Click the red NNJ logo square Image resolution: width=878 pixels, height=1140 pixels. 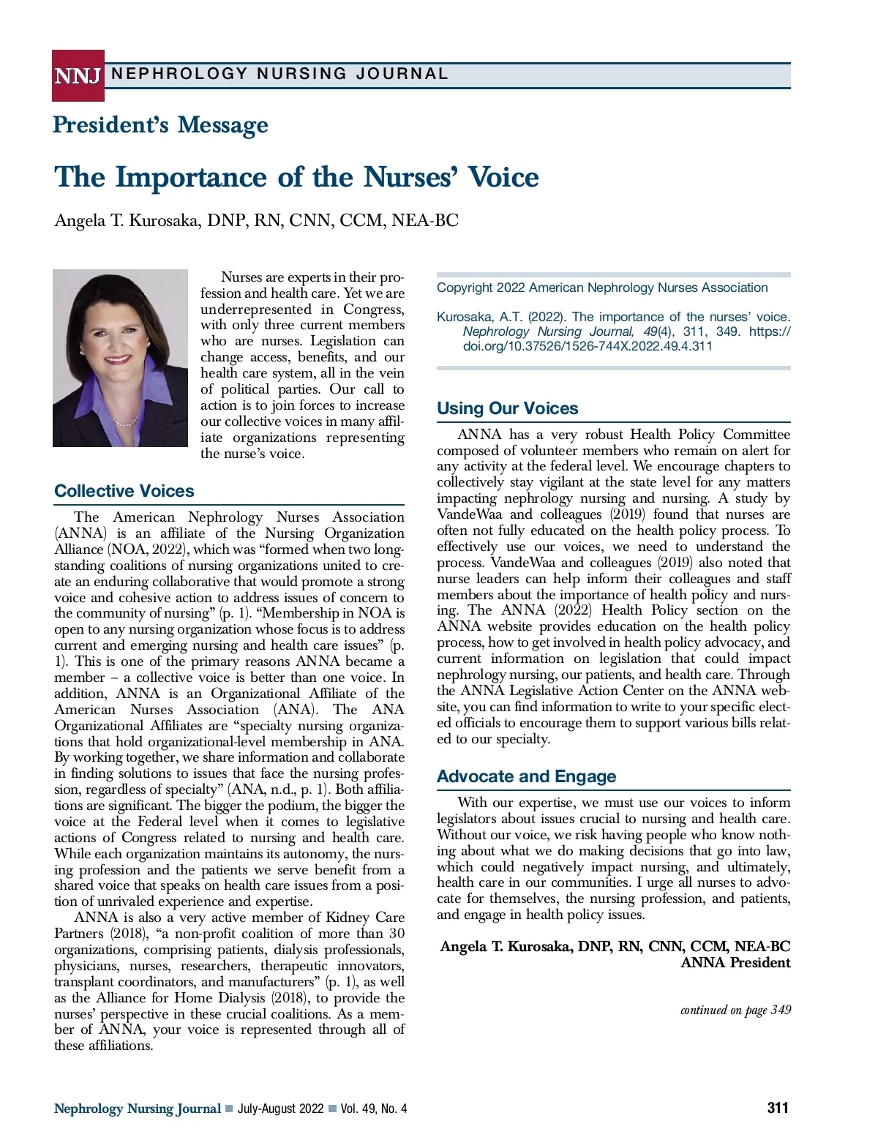coord(78,75)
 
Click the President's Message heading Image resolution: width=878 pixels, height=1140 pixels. coord(160,125)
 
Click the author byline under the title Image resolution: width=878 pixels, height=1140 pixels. coord(256,221)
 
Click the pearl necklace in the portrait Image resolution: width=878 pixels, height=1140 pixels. coord(125,422)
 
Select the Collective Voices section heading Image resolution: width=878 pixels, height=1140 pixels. coord(124,491)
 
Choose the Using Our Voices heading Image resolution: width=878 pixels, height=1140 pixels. coord(507,408)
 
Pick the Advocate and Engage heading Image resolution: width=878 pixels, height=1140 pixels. coord(526,776)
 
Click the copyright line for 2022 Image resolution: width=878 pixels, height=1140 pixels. coord(602,288)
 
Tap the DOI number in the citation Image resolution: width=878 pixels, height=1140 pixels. coord(588,346)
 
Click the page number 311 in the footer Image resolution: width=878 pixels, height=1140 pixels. coord(778,1108)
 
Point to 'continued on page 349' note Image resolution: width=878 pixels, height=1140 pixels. coord(735,1010)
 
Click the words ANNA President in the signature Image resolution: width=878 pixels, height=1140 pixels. coord(735,963)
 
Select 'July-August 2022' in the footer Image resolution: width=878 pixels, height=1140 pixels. coord(280,1109)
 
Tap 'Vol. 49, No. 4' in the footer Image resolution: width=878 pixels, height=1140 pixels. coord(373,1109)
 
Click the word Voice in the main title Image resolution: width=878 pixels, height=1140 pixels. coord(503,178)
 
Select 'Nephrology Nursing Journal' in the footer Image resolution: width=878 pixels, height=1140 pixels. coord(138,1109)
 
